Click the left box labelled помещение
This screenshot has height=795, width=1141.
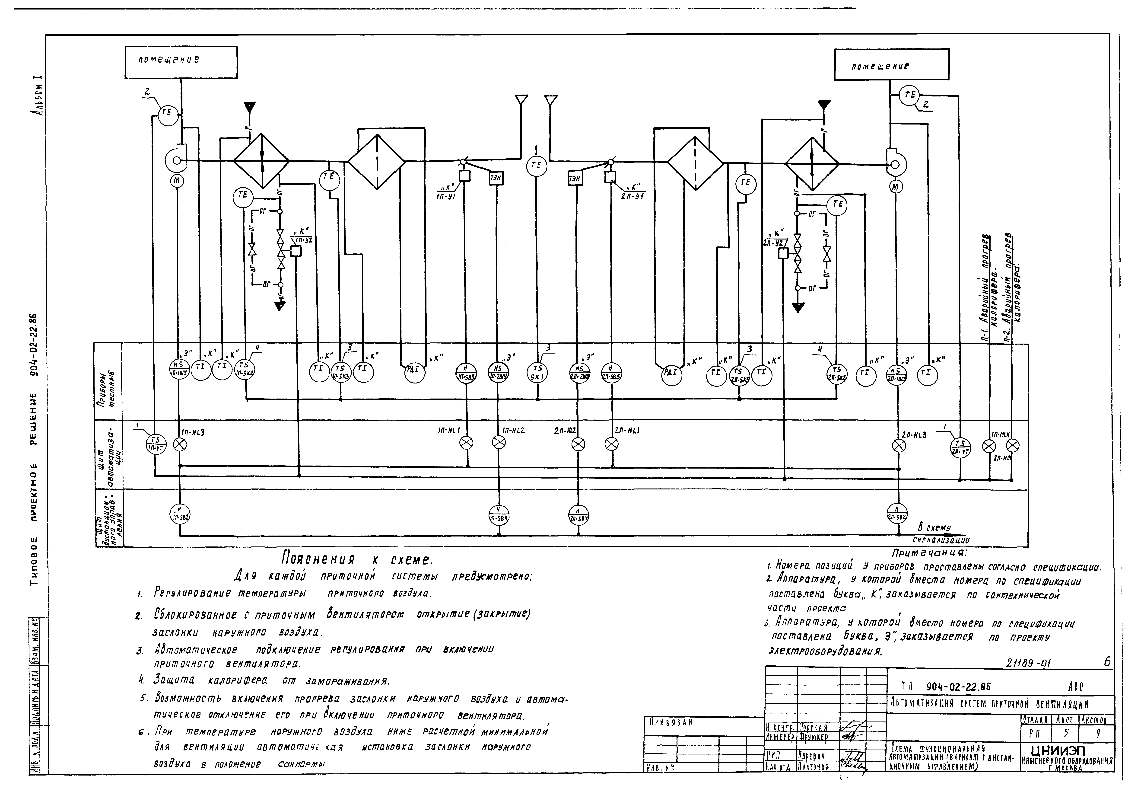pos(180,62)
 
